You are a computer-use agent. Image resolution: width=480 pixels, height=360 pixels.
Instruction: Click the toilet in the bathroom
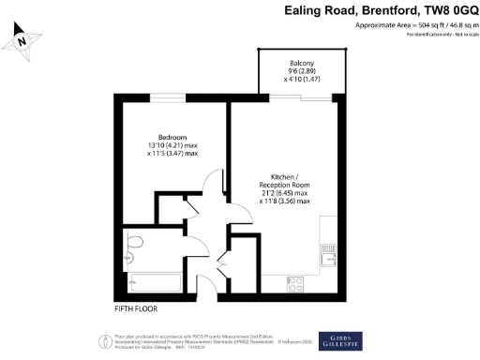(x=133, y=247)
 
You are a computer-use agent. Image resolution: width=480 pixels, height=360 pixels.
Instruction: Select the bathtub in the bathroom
(x=155, y=281)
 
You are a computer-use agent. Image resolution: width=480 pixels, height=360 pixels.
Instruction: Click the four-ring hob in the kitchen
(x=294, y=281)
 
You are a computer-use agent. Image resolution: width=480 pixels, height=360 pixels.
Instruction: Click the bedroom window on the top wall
(x=169, y=95)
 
